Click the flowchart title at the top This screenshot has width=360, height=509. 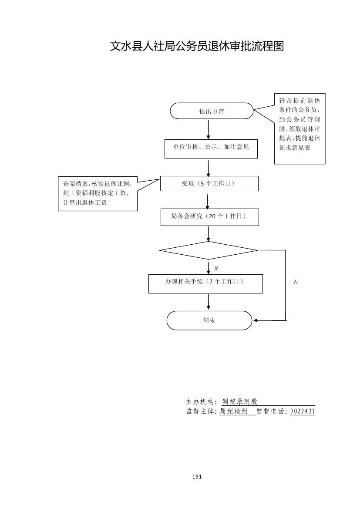pyautogui.click(x=197, y=46)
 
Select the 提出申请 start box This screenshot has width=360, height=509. pyautogui.click(x=212, y=111)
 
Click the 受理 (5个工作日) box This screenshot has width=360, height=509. pyautogui.click(x=209, y=183)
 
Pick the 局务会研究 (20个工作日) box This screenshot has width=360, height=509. pyautogui.click(x=209, y=217)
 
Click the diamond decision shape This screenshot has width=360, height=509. pyautogui.click(x=209, y=250)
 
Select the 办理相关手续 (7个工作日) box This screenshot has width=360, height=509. pyautogui.click(x=205, y=283)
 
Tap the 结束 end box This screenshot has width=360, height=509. pyautogui.click(x=209, y=320)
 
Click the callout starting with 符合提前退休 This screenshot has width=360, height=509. pyautogui.click(x=299, y=128)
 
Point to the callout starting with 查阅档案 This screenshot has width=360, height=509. pyautogui.click(x=98, y=193)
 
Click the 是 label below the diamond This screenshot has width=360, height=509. pyautogui.click(x=216, y=268)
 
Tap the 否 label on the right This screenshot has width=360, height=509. pyautogui.click(x=296, y=282)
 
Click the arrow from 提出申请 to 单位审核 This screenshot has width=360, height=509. pyautogui.click(x=209, y=129)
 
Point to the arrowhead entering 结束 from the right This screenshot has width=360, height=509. pyautogui.click(x=256, y=320)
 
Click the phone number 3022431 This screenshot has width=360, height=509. pyautogui.click(x=302, y=411)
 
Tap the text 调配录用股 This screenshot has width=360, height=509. pyautogui.click(x=240, y=402)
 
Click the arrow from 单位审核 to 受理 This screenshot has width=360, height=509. pyautogui.click(x=209, y=167)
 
